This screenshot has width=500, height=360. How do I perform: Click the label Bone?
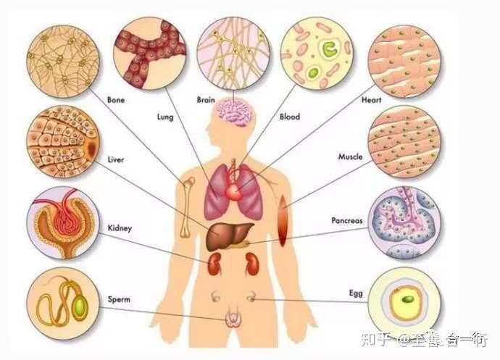point(116,100)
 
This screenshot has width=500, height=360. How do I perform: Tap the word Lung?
point(165,117)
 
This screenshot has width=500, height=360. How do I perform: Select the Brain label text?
point(206,100)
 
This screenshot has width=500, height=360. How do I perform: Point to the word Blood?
point(290,117)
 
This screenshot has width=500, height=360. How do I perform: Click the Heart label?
point(371,100)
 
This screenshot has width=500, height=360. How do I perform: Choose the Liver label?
point(116,159)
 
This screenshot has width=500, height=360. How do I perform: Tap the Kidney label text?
point(120,228)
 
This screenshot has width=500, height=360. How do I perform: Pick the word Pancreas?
point(347,220)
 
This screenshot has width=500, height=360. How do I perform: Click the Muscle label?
point(351,156)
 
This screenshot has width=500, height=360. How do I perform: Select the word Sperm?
point(119,300)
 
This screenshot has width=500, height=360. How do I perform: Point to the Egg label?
point(356,293)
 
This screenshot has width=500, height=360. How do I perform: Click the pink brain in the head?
point(234,112)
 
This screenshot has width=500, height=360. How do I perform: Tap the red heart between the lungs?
point(234,192)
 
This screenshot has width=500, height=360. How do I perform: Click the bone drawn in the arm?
point(188,208)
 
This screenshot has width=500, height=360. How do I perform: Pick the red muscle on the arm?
point(283,221)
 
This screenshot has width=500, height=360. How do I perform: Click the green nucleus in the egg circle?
point(408,299)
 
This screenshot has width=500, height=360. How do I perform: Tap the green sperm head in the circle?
point(80,306)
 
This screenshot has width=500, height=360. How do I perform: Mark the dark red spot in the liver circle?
point(91,148)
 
